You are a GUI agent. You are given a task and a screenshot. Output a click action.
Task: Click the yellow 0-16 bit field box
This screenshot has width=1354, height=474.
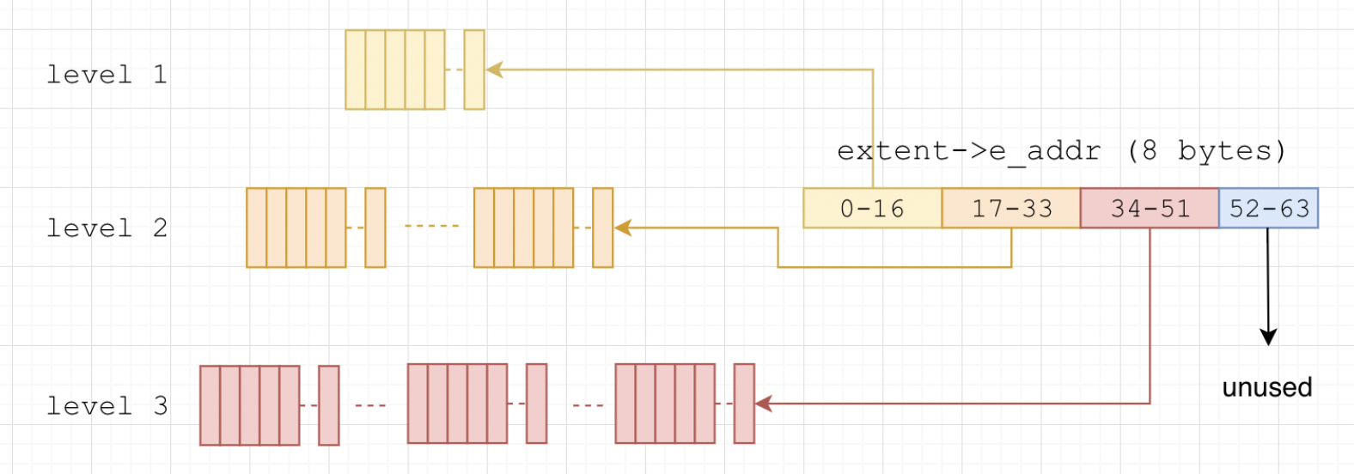click(872, 209)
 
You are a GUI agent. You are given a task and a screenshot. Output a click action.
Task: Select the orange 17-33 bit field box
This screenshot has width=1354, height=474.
click(1011, 209)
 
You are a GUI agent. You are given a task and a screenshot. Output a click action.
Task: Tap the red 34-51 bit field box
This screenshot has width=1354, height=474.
click(1150, 209)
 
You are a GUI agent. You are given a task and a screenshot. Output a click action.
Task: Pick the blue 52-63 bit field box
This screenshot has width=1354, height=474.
click(1268, 209)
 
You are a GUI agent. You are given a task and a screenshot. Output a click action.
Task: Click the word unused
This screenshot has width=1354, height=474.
click(1267, 387)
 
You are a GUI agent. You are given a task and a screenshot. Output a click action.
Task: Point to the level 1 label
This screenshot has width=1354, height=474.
click(107, 75)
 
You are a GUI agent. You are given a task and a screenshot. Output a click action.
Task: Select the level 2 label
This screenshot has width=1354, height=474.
click(107, 228)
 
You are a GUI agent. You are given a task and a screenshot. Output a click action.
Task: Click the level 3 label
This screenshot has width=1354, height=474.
click(107, 406)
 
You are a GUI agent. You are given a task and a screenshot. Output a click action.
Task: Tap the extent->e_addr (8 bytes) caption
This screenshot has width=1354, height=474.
click(1061, 151)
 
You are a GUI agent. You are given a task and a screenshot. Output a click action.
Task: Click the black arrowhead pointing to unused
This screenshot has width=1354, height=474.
click(1268, 337)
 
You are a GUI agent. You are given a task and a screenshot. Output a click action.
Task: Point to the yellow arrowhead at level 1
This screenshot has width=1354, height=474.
click(495, 70)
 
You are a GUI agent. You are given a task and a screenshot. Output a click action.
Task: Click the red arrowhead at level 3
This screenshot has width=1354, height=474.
click(764, 403)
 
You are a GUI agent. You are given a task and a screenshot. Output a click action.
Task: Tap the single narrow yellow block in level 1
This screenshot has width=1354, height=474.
click(474, 70)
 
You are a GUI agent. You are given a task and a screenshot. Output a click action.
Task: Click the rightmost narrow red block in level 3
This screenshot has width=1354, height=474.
click(744, 404)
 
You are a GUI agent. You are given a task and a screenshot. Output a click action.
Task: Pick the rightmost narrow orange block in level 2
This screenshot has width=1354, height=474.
click(603, 228)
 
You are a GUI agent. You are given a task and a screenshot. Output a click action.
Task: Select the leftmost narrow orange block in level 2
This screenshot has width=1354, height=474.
click(375, 228)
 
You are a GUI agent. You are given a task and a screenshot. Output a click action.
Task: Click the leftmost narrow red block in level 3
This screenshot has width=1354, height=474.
click(329, 405)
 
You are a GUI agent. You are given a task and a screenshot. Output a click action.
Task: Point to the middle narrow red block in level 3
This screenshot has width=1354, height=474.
click(537, 404)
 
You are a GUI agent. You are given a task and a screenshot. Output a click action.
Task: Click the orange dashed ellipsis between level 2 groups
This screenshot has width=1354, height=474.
click(431, 226)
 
